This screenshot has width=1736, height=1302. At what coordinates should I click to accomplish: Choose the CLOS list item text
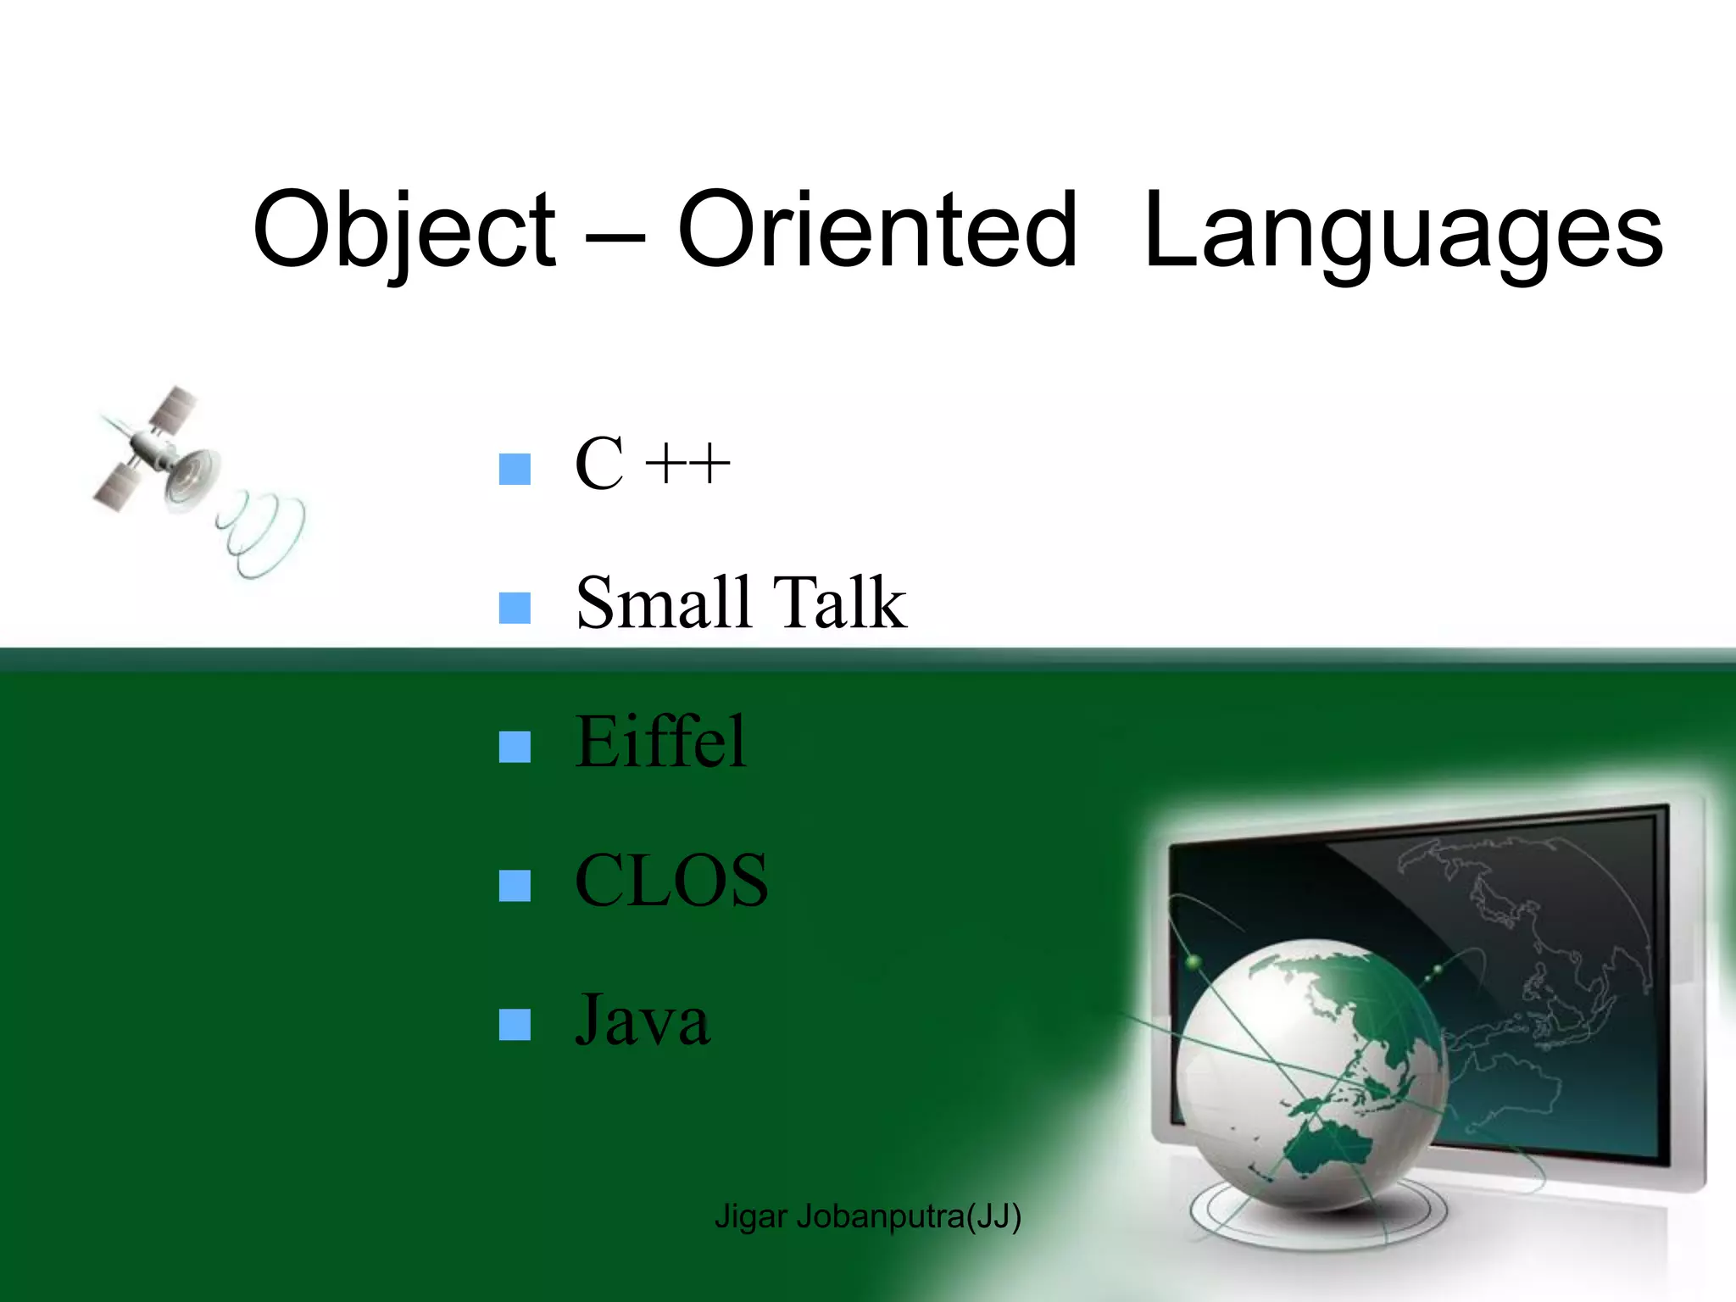(x=671, y=881)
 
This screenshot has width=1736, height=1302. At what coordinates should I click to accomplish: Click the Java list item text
(x=643, y=1020)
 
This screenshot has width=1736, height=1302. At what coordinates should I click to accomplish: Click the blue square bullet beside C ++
(x=515, y=469)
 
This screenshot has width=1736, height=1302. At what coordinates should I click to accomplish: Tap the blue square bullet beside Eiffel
(x=515, y=747)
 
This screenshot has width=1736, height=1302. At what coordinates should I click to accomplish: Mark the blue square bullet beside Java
(x=515, y=1024)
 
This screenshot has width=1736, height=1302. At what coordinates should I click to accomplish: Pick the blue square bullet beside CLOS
(x=515, y=886)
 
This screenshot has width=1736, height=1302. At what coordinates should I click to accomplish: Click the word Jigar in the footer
(x=751, y=1216)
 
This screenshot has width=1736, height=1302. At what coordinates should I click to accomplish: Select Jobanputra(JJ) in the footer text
(x=909, y=1216)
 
